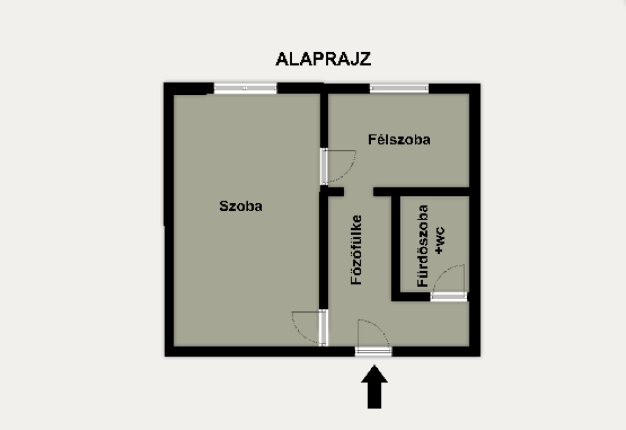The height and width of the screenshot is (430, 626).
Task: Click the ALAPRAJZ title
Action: click(323, 59)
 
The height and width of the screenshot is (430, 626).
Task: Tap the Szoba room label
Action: click(241, 206)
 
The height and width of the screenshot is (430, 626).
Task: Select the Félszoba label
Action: click(399, 139)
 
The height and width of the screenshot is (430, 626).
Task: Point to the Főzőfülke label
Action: click(356, 250)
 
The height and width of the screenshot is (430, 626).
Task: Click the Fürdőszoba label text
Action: click(422, 246)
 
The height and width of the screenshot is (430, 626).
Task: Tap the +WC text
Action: click(439, 240)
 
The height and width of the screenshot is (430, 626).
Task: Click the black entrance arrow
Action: click(375, 387)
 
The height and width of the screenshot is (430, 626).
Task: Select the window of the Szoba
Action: click(245, 88)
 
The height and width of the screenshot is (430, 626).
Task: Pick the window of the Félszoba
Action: click(399, 88)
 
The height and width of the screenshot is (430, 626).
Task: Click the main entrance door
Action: click(374, 351)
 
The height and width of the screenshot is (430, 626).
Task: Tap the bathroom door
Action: click(449, 296)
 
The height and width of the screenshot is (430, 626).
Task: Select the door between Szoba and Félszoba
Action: click(324, 166)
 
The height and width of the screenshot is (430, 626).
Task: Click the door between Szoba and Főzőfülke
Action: click(324, 327)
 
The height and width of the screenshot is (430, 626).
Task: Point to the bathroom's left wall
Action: click(396, 248)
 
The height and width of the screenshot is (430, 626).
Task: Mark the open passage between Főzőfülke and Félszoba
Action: click(358, 192)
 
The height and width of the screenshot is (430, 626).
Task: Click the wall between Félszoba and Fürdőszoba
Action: click(421, 192)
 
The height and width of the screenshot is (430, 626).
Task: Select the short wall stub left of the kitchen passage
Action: click(332, 192)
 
